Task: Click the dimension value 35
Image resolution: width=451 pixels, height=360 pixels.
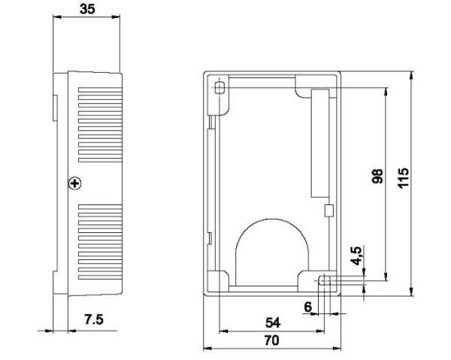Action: coord(89,12)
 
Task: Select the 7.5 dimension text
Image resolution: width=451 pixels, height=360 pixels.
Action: coord(93,319)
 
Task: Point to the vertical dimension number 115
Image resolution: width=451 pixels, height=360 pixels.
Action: coord(404,179)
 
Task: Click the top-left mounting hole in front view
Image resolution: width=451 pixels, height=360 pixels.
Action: coord(219,89)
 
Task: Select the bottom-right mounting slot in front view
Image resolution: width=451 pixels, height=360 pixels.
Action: coord(325,281)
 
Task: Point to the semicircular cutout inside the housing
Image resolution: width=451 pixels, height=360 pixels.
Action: coord(272,248)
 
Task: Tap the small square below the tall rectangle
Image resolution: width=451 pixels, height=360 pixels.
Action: coord(327,211)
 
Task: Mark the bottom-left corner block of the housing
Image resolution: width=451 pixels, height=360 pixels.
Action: coord(217,279)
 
